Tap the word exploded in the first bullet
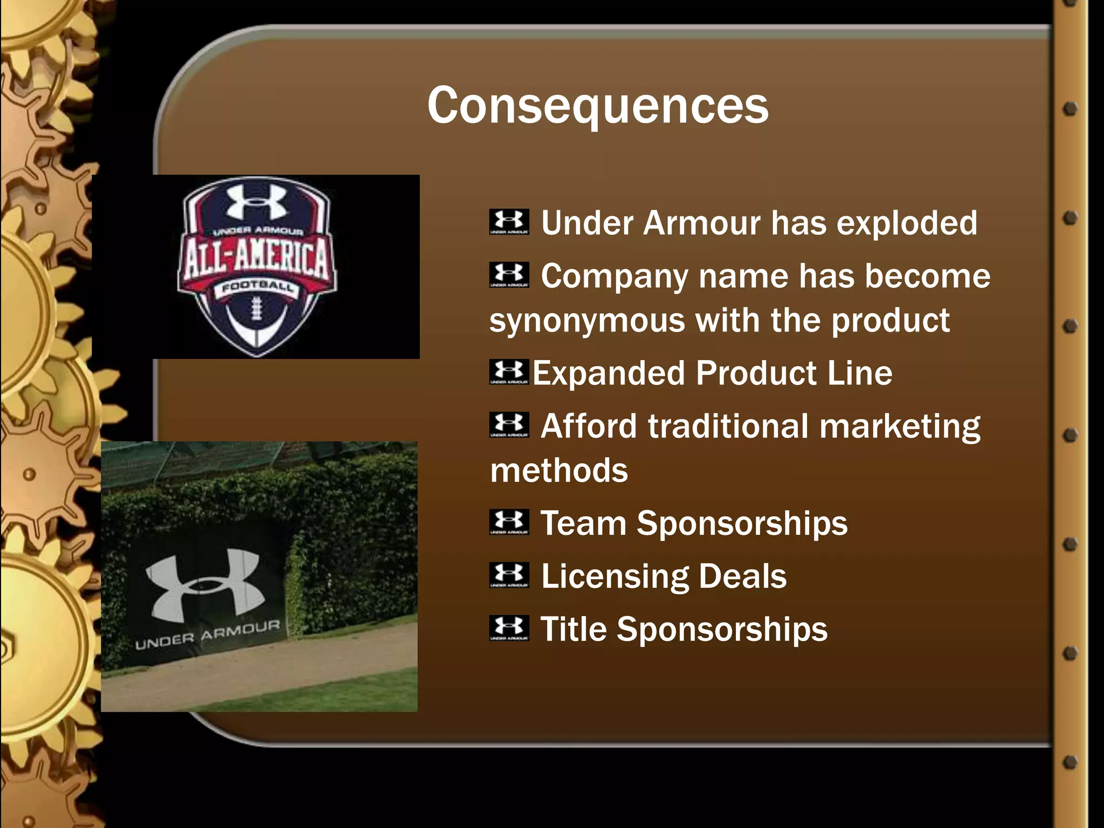(906, 223)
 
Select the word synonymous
(587, 321)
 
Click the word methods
(559, 471)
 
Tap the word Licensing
(615, 576)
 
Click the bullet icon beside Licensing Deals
(509, 575)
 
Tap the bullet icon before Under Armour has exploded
(509, 222)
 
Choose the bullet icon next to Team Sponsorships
(509, 522)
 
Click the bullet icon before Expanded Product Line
(509, 372)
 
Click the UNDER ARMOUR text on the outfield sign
(208, 634)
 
